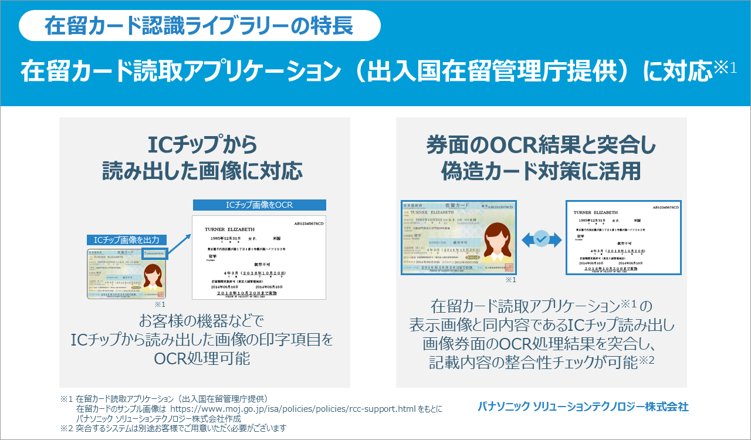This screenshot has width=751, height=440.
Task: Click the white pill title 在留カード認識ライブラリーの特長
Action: click(199, 26)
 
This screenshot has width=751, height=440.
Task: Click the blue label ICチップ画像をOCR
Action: click(259, 205)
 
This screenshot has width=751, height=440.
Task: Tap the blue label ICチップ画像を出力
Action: click(127, 240)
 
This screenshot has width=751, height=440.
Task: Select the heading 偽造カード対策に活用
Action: click(540, 171)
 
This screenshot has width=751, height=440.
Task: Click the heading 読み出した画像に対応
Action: click(203, 171)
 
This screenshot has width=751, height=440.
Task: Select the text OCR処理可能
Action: click(202, 358)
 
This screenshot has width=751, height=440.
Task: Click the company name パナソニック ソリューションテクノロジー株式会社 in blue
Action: click(583, 406)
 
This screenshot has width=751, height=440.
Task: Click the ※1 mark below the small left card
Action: click(160, 305)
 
